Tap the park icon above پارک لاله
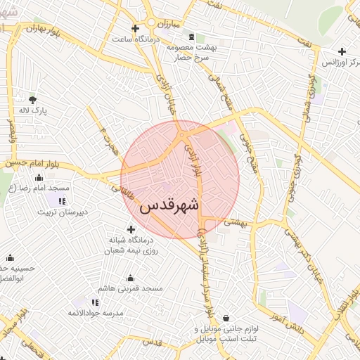coord(32,99)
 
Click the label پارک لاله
coord(32,111)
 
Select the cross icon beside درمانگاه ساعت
coord(125,28)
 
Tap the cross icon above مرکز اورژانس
coord(342,51)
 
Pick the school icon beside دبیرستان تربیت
coord(62,201)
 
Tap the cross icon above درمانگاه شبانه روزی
coord(131,229)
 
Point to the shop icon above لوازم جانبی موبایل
coord(225,318)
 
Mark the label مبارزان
coord(169,22)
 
